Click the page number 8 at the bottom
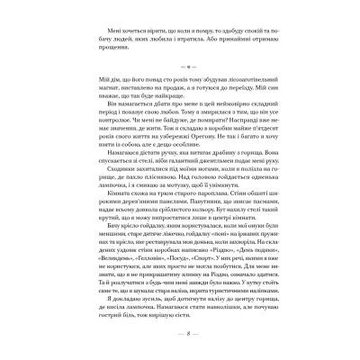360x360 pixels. point(180,330)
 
